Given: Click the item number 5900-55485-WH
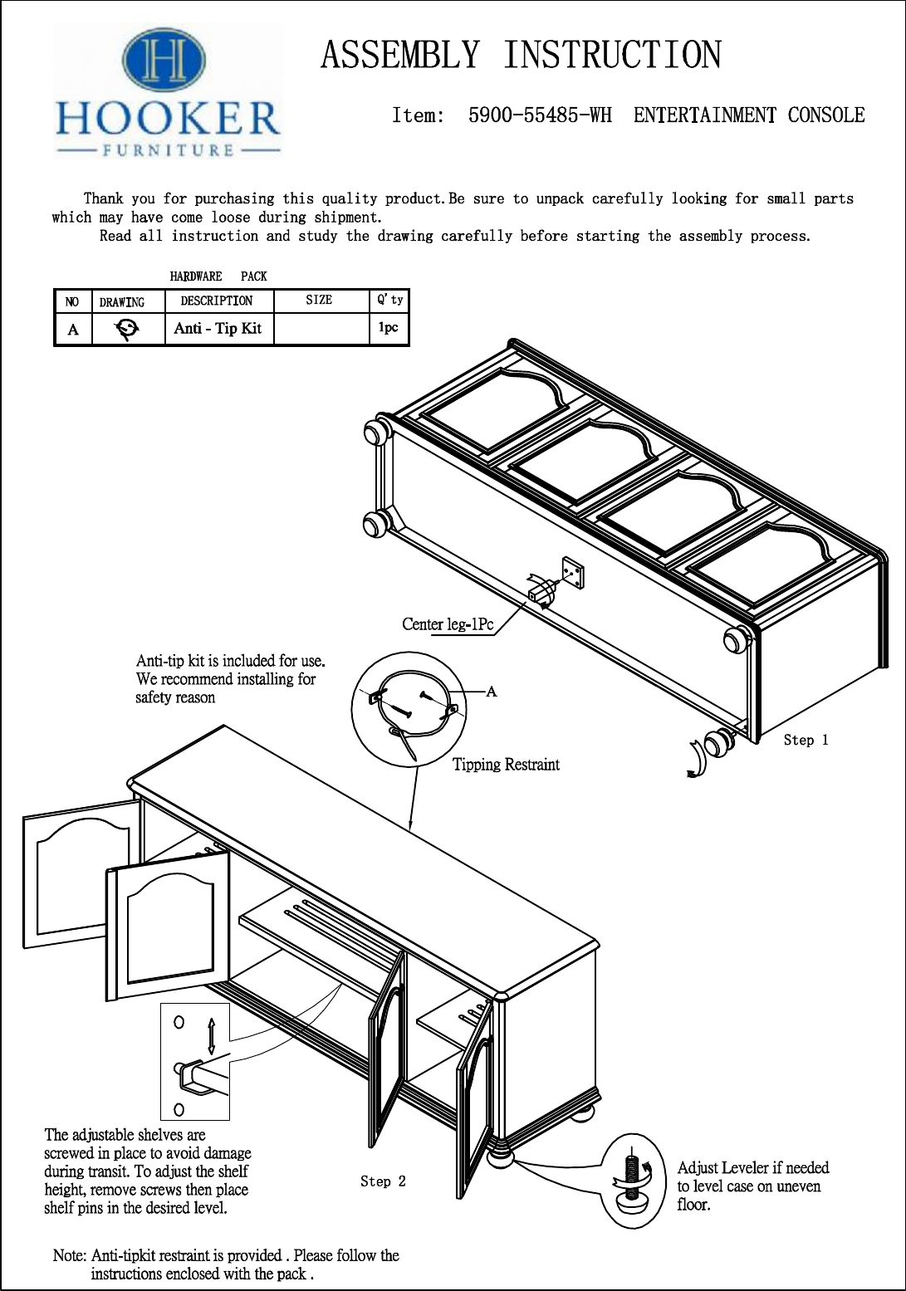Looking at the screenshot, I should (540, 115).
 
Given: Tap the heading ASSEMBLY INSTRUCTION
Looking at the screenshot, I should (521, 55).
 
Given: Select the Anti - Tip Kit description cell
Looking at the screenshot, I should (218, 328).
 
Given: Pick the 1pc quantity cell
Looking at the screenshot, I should (388, 327).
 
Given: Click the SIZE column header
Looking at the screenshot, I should (319, 300).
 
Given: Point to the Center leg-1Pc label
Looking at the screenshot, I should (447, 624).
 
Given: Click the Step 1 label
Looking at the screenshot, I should (806, 740).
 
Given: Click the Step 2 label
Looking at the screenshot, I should (383, 1181).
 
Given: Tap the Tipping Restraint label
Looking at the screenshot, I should (506, 765).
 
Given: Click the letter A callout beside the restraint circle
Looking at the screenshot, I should (492, 691).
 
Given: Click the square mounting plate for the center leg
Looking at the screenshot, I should (572, 572).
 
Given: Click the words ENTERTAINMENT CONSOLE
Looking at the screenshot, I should (749, 115).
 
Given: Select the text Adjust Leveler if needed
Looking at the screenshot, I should (753, 1168).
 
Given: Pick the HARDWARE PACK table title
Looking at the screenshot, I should (218, 276).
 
